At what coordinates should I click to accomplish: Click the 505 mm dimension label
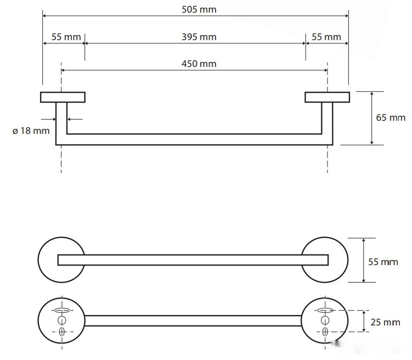[x=199, y=10]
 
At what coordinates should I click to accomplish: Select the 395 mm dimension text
[x=199, y=37]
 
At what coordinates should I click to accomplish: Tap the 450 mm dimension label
[x=199, y=64]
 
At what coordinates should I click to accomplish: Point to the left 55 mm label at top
[x=66, y=37]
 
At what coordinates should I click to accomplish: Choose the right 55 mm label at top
[x=326, y=37]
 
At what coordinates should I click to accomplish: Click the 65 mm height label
[x=391, y=118]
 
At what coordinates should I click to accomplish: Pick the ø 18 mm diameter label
[x=31, y=131]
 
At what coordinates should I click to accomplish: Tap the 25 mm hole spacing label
[x=385, y=323]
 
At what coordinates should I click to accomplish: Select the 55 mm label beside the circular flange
[x=383, y=262]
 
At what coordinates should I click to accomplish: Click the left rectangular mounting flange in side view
[x=63, y=97]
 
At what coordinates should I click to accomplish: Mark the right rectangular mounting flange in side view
[x=327, y=97]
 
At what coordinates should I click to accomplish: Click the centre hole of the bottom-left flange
[x=62, y=320]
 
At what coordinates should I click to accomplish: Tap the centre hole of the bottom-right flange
[x=325, y=320]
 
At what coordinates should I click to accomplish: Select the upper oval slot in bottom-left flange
[x=62, y=311]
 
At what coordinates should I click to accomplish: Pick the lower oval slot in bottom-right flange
[x=325, y=332]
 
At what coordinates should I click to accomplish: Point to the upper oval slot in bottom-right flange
[x=325, y=311]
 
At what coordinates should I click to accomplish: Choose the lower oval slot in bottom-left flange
[x=62, y=332]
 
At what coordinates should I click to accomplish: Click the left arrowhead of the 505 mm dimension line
[x=44, y=16]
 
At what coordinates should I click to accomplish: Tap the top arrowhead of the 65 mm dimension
[x=371, y=94]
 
